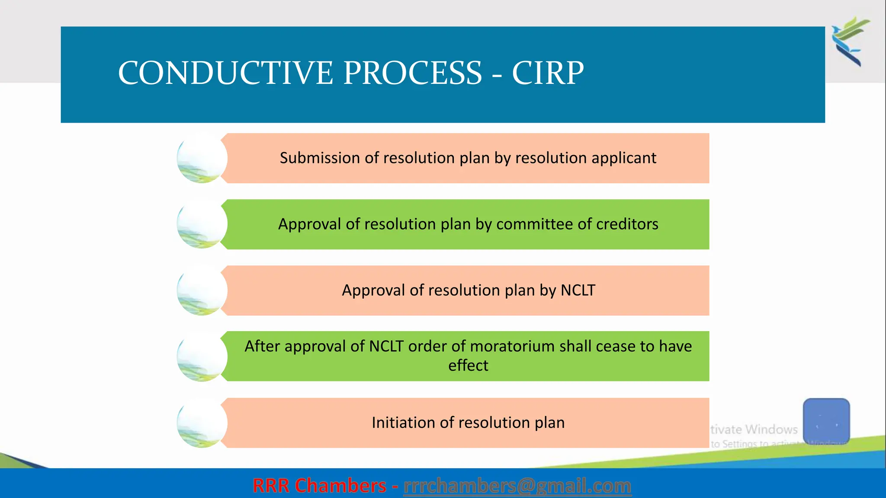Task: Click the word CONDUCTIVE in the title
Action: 225,73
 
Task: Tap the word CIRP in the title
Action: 548,73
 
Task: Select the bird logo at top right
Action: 851,41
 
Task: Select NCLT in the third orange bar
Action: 578,290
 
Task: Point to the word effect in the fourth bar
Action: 468,366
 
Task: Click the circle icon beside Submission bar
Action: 202,159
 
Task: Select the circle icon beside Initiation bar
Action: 202,423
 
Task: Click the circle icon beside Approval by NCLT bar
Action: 202,291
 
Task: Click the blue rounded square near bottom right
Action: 826,421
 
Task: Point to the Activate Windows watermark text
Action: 754,430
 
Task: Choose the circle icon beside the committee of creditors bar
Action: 202,225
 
